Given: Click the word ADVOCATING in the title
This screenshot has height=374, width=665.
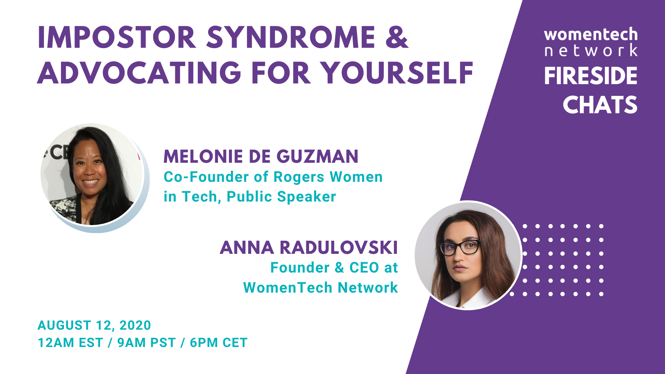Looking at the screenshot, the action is click(139, 73).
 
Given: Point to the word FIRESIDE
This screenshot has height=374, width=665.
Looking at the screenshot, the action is click(591, 76).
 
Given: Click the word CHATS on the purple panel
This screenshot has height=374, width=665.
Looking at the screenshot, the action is click(600, 105).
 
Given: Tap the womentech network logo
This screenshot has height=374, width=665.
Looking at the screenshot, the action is click(591, 42).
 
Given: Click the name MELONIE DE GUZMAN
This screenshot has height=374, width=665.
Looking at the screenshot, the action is click(261, 157).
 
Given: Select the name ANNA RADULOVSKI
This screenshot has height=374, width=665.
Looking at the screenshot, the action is click(309, 248).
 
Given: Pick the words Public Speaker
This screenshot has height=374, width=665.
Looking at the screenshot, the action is click(281, 197).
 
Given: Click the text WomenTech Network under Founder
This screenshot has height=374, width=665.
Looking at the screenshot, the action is click(320, 288).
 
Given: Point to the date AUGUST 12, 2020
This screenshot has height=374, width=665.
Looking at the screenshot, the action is click(94, 325).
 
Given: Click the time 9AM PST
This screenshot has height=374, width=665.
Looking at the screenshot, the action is click(147, 343).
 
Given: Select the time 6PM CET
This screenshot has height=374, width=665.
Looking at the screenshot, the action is click(219, 343).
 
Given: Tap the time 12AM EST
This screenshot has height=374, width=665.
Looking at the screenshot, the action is click(70, 343).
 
